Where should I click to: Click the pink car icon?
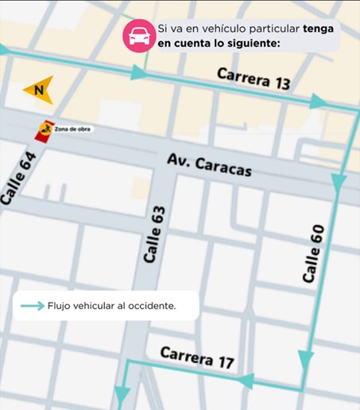137,37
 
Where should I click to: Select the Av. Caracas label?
210,165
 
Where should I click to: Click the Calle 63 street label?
155,236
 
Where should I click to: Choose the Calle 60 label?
314,254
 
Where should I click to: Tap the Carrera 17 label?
197,358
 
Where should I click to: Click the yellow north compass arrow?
39,89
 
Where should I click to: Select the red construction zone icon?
46,128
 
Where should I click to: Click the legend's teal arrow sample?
32,305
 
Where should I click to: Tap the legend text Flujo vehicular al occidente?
111,305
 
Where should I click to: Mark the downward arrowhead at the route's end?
122,394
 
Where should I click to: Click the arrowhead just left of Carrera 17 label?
247,380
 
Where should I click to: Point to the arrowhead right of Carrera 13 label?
318,101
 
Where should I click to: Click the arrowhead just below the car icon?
140,72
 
